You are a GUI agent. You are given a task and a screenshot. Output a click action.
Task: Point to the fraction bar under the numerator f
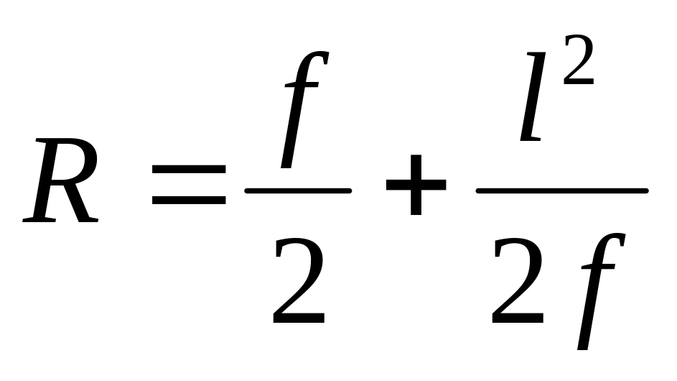click(298, 190)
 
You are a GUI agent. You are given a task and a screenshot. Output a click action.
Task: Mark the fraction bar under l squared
click(562, 190)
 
